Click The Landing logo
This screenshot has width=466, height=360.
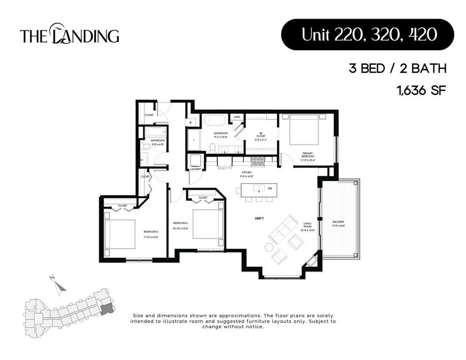click(69, 35)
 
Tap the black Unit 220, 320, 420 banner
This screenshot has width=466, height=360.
click(367, 34)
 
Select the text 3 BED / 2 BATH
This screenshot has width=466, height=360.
click(397, 69)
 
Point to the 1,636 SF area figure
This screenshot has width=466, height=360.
click(420, 90)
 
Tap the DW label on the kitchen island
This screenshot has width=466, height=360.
click(270, 188)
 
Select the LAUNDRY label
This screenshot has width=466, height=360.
click(196, 169)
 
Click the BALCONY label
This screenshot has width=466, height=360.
click(339, 223)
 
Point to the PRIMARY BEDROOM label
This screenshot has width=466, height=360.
click(308, 156)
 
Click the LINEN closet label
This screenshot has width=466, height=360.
click(237, 117)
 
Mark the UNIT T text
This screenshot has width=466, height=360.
click(259, 219)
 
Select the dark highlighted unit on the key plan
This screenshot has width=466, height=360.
click(106, 309)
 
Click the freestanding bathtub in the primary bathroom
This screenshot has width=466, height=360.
click(212, 122)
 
